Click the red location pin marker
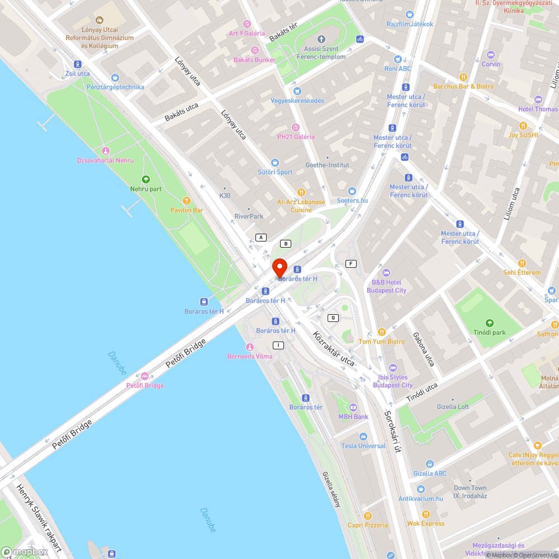279,268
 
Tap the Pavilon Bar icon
187,200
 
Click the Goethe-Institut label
327,165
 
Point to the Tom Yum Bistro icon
382,332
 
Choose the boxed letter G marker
334,318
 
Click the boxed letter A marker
260,238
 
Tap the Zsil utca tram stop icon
77,64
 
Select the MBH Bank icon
353,407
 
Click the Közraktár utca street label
334,349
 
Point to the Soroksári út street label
393,432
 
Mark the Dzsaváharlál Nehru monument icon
105,151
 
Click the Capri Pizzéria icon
367,515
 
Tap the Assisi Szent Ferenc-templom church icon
321,39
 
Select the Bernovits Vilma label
250,356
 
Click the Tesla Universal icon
363,436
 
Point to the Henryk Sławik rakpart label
40,520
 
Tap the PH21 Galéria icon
296,127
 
